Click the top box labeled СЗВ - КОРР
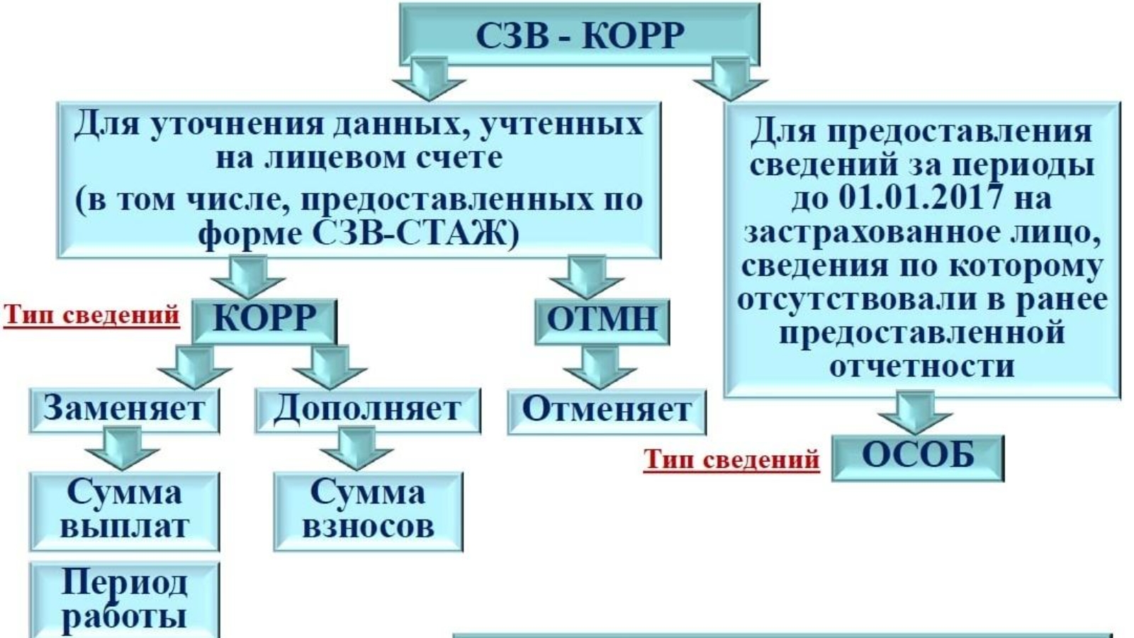click(579, 35)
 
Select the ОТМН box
click(602, 320)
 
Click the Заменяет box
click(124, 410)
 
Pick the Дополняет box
click(367, 410)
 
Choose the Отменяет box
click(607, 410)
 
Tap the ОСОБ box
click(918, 457)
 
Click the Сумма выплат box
click(124, 510)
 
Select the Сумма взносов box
click(368, 510)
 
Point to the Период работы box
click(124, 600)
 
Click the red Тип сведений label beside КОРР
click(92, 315)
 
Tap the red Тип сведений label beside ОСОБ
click(731, 460)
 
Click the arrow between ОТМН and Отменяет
click(600, 367)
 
